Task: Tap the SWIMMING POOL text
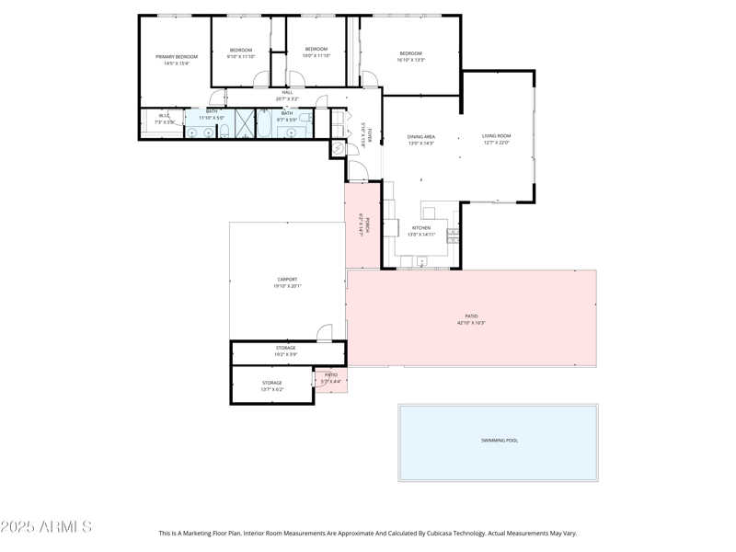point(500,441)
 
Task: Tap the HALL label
point(287,92)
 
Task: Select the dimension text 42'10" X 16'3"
point(471,323)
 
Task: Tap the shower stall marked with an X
point(244,122)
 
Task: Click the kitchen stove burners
point(452,236)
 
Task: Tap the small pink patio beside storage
point(331,379)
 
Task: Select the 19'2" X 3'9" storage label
point(285,351)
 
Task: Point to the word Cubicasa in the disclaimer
point(420,533)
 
